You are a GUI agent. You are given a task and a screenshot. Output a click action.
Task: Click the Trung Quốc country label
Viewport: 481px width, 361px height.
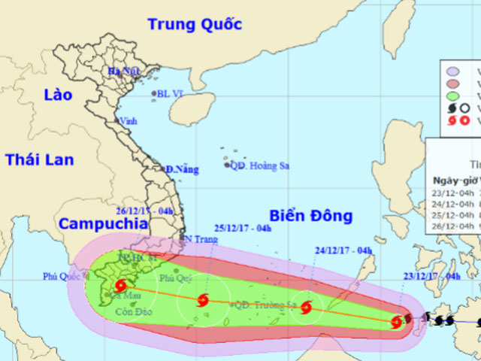pyautogui.click(x=195, y=24)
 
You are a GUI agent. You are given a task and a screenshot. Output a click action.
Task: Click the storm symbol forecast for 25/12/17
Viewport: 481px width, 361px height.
pyautogui.click(x=201, y=302)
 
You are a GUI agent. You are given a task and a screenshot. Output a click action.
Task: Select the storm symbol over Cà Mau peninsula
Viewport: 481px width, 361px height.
pyautogui.click(x=121, y=286)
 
